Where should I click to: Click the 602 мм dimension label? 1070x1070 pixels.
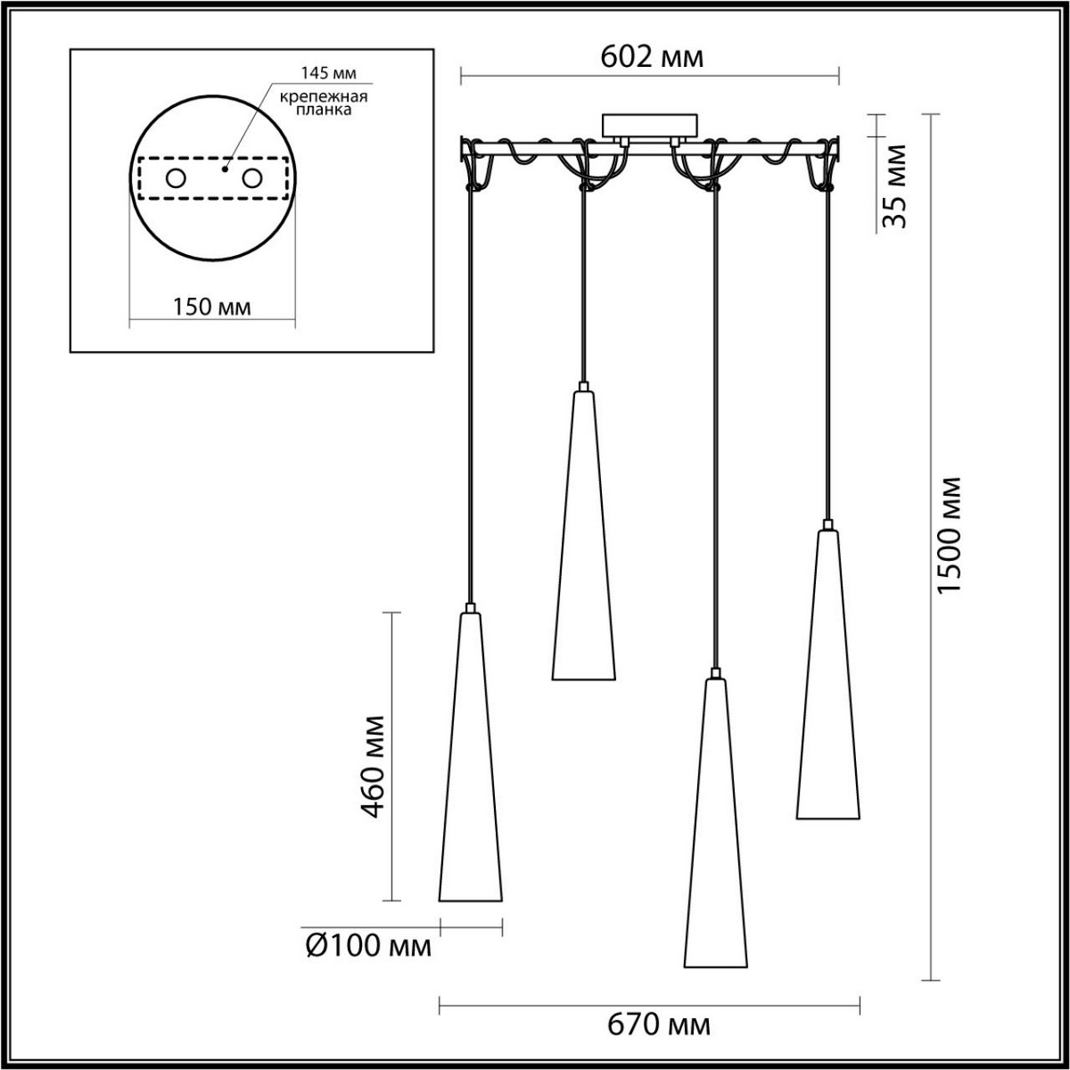652,57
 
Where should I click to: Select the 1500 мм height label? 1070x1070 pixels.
951,536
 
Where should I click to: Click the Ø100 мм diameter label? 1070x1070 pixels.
368,946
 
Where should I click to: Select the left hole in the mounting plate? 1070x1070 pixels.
175,178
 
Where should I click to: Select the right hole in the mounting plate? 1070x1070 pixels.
253,178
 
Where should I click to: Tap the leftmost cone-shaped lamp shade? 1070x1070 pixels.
470,767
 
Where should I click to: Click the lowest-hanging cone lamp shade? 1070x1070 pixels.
715,829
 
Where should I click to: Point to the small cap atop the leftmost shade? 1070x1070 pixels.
470,608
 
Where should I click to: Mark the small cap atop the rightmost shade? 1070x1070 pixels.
828,525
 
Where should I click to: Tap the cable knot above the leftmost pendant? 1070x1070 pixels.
471,187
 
